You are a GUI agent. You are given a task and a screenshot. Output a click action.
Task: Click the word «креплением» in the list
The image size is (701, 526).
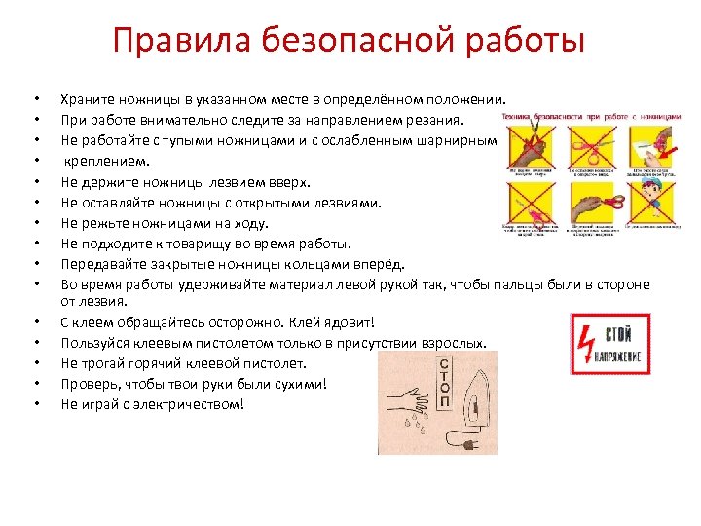coord(107,161)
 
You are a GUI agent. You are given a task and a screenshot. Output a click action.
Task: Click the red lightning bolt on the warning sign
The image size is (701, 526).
coord(588,343)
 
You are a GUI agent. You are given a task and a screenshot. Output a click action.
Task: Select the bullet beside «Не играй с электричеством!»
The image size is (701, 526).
coord(35,404)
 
